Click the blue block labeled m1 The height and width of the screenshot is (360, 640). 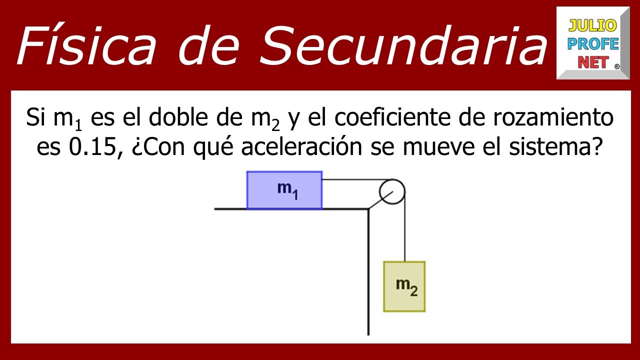(284, 190)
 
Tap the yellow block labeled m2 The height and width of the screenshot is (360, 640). (404, 286)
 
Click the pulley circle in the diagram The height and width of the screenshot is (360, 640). (391, 191)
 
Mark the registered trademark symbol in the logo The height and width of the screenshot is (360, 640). (616, 66)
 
